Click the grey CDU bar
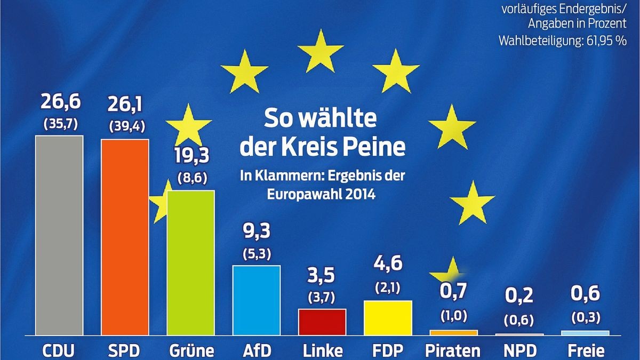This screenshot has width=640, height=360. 59,235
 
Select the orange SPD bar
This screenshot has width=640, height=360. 125,237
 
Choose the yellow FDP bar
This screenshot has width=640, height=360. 388,317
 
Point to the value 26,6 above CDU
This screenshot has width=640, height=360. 59,101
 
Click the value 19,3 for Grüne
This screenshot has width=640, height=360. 191,155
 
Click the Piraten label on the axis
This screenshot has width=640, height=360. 453,350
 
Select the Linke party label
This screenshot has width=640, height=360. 322,350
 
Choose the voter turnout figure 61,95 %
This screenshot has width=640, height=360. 605,41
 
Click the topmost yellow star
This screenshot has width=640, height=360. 319,51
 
